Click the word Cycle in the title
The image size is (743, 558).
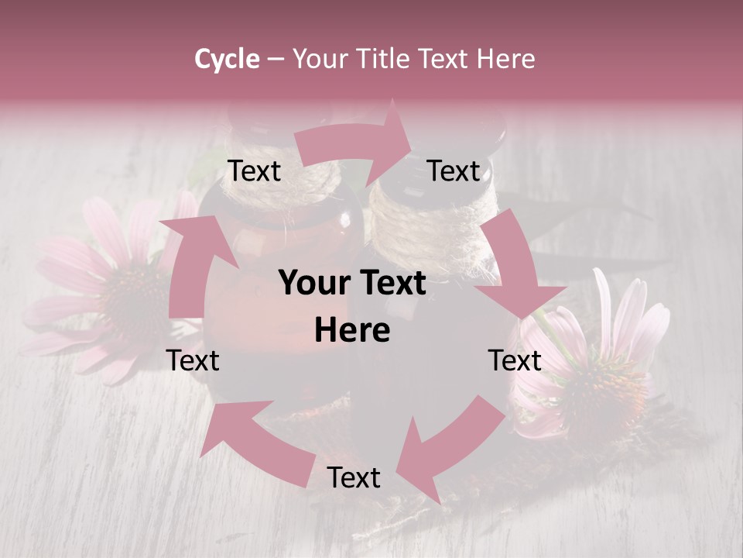(x=227, y=59)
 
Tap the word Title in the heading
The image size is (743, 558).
(x=387, y=59)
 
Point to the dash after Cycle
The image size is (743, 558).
(x=276, y=60)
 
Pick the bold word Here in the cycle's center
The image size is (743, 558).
(x=352, y=331)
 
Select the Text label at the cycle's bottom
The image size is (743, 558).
(x=354, y=477)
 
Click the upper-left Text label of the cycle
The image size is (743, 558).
(x=254, y=170)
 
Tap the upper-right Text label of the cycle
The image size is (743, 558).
(x=454, y=170)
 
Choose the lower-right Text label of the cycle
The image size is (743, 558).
(x=515, y=360)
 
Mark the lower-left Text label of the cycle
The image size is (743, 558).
(x=193, y=360)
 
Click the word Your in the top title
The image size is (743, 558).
(x=324, y=59)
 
